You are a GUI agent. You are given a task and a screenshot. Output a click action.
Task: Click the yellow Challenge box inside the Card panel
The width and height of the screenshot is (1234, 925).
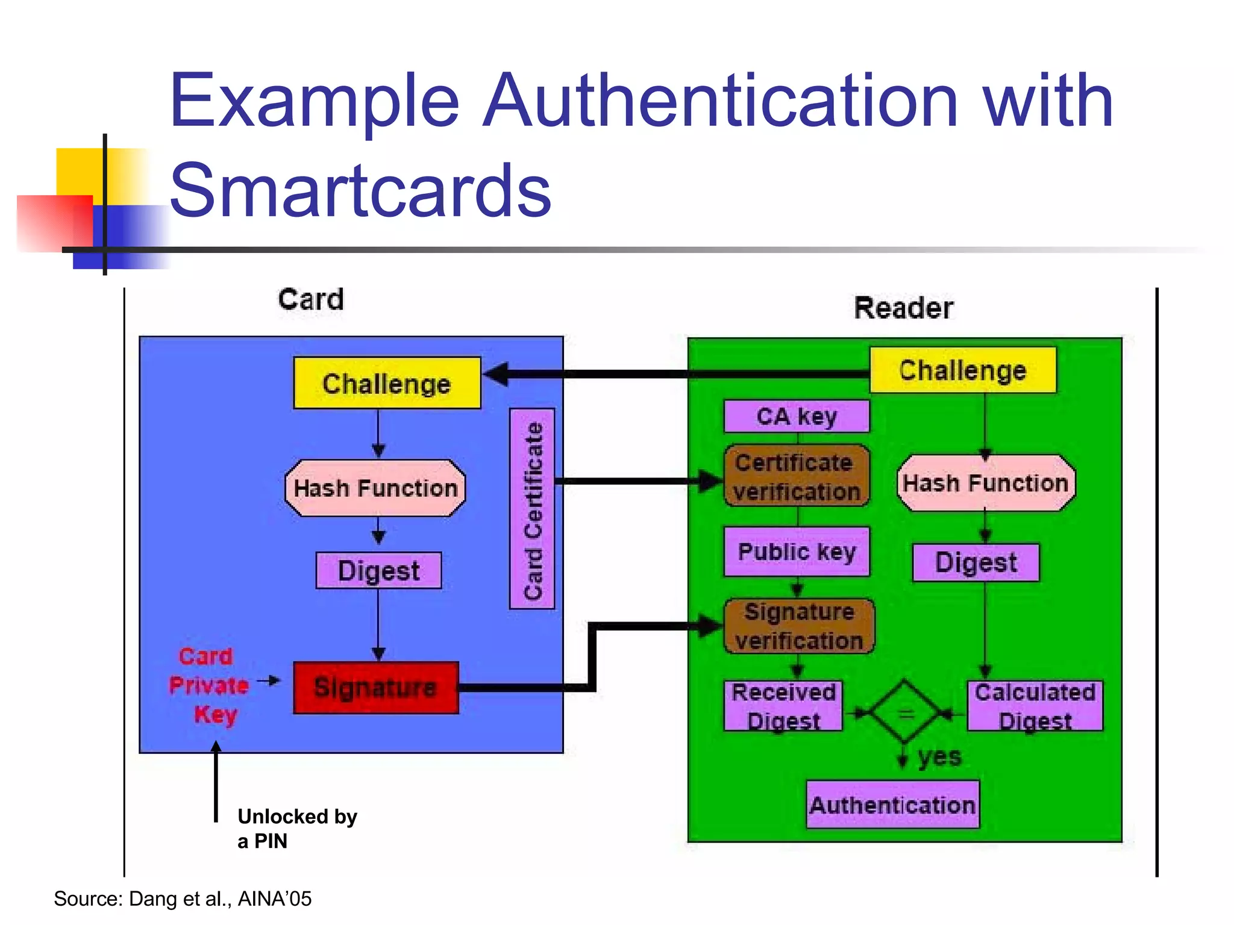pyautogui.click(x=387, y=384)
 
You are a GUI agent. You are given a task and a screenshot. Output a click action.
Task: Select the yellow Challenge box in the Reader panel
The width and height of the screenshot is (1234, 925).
pyautogui.click(x=962, y=370)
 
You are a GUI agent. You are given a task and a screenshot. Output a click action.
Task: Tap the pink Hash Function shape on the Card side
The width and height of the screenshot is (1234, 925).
pyautogui.click(x=375, y=488)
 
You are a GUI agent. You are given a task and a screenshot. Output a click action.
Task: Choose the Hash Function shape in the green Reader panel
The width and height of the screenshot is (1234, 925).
pyautogui.click(x=986, y=483)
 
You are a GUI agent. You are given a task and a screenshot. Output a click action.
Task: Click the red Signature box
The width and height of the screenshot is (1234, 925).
pyautogui.click(x=376, y=688)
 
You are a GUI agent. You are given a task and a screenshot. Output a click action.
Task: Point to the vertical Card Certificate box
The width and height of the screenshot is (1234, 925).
pyautogui.click(x=533, y=509)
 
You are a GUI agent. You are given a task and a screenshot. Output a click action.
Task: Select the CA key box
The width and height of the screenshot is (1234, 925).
pyautogui.click(x=797, y=416)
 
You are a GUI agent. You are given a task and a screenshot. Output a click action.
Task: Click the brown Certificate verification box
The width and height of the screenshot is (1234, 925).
pyautogui.click(x=797, y=476)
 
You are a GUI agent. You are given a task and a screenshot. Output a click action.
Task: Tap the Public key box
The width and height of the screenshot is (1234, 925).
pyautogui.click(x=797, y=552)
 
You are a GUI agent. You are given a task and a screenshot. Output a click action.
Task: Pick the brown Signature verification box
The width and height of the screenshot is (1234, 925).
pyautogui.click(x=799, y=626)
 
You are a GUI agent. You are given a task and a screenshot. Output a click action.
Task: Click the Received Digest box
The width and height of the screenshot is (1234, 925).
pyautogui.click(x=783, y=706)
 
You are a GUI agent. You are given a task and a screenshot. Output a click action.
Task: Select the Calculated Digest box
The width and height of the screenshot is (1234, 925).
pyautogui.click(x=1035, y=706)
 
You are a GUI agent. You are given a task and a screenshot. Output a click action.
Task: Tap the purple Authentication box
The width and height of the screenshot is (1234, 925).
pyautogui.click(x=892, y=805)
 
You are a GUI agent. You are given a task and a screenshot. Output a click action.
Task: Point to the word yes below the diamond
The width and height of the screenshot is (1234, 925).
pyautogui.click(x=939, y=756)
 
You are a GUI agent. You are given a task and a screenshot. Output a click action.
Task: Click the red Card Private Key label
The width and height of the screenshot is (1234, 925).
pyautogui.click(x=208, y=685)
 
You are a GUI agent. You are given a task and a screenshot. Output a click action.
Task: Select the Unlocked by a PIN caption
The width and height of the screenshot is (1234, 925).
pyautogui.click(x=297, y=829)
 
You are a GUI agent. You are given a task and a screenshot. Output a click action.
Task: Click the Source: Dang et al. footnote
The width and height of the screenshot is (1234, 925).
pyautogui.click(x=183, y=899)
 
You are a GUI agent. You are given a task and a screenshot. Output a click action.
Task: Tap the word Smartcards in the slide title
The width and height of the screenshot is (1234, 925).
pyautogui.click(x=360, y=190)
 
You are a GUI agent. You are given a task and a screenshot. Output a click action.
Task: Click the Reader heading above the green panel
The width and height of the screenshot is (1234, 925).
pyautogui.click(x=904, y=308)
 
